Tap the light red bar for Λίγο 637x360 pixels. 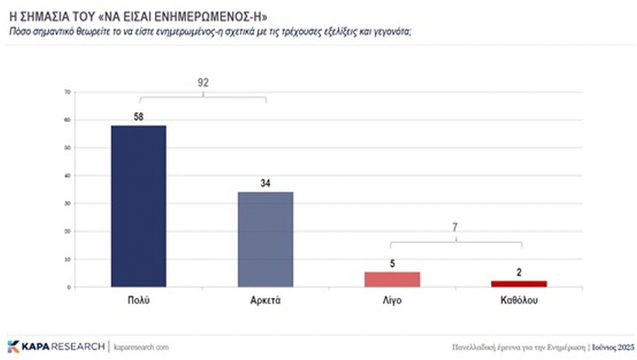click(393, 279)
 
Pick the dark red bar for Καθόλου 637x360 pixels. click(519, 284)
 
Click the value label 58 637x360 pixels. click(139, 116)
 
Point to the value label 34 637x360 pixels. click(266, 183)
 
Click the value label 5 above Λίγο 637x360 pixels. click(393, 263)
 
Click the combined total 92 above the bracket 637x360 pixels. click(203, 83)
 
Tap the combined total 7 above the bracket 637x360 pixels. click(455, 227)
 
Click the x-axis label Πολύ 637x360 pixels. click(139, 301)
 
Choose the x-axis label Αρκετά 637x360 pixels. click(265, 301)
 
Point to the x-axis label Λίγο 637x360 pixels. click(392, 301)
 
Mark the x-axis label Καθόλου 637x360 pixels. click(519, 301)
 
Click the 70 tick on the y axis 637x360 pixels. click(67, 92)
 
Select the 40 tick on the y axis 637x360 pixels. click(67, 176)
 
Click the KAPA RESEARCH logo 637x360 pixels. click(56, 347)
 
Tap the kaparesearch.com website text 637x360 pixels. click(141, 347)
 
